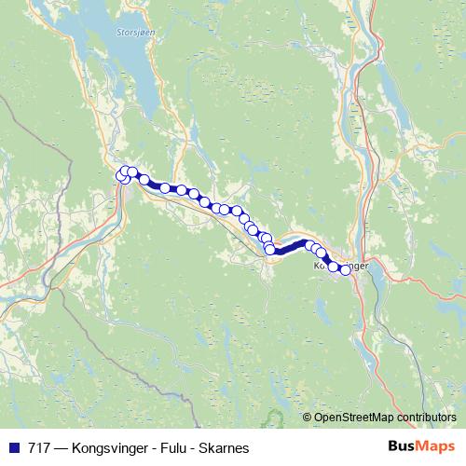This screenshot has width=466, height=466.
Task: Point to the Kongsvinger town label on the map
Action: click(341, 266)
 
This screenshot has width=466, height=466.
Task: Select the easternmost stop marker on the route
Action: click(345, 270)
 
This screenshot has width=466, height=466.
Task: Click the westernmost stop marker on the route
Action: click(120, 174)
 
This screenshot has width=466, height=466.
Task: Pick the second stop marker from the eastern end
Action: click(334, 267)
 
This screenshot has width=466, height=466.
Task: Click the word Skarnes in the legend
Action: click(225, 448)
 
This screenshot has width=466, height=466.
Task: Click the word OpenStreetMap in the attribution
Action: click(354, 418)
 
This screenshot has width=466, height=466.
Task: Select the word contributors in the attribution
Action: click(426, 418)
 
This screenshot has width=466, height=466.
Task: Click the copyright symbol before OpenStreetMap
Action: click(308, 418)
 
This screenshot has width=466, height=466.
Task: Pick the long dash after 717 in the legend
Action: click(59, 448)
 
